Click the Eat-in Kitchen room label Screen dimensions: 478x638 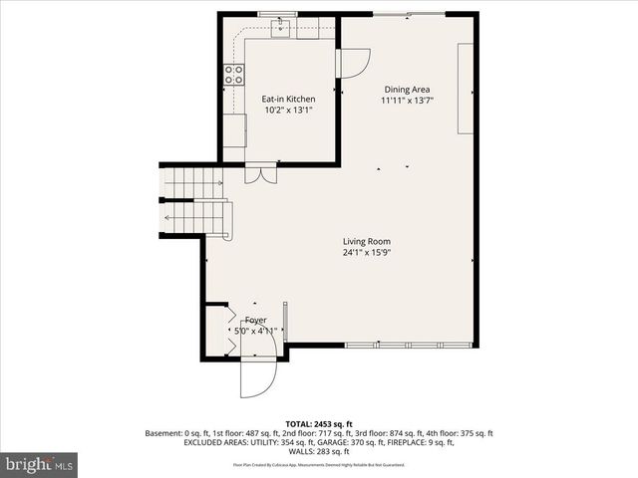pos(288,99)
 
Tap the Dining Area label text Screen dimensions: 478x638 pos(407,89)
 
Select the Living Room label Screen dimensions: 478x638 pos(367,241)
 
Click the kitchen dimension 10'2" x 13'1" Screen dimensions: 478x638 pos(288,111)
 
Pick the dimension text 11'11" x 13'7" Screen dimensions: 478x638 pos(407,101)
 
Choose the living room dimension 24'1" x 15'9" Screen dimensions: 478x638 pos(367,253)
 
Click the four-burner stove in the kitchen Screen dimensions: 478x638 pos(234,73)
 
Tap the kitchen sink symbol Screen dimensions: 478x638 pos(281,29)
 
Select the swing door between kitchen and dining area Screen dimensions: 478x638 pos(353,62)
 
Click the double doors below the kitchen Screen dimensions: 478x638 pos(262,172)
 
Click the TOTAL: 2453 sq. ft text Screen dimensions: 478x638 pos(319,423)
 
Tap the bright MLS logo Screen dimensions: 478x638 pos(39,464)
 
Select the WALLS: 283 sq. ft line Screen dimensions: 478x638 pos(319,453)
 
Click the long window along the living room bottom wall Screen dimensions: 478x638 pos(410,346)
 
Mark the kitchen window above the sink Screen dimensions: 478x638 pos(279,15)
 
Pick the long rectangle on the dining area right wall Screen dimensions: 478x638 pos(466,89)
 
